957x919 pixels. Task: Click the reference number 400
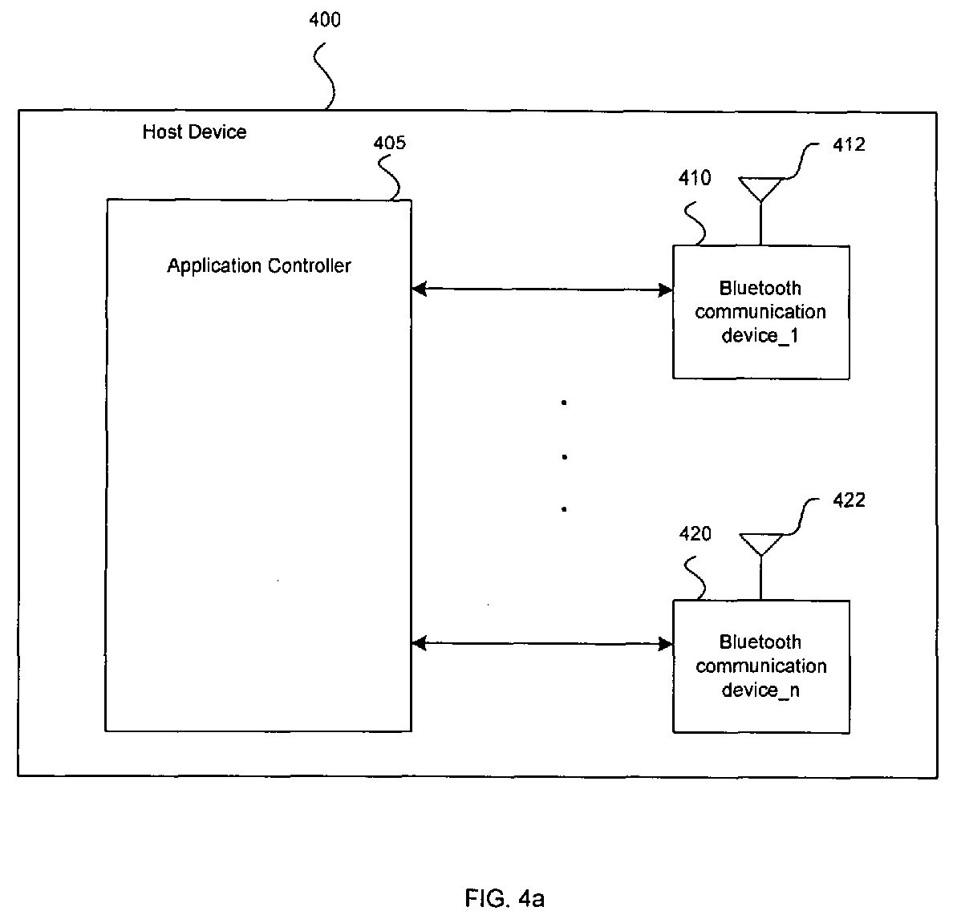[x=325, y=20]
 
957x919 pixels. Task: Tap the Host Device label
[x=194, y=132]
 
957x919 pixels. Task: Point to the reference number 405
[x=389, y=143]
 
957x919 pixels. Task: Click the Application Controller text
[x=259, y=266]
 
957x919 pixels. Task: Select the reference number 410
[x=695, y=178]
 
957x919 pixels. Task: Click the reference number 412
[x=849, y=144]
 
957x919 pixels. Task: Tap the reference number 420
[x=695, y=534]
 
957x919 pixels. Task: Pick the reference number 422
[x=849, y=500]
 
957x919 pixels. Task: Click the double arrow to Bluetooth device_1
[x=542, y=289]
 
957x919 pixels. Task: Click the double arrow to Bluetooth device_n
[x=542, y=643]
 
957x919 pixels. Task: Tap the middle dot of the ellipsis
[x=565, y=456]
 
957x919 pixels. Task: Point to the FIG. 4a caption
[x=504, y=898]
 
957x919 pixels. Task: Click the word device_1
[x=760, y=336]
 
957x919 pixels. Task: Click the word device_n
[x=760, y=690]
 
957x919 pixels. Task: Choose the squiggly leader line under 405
[x=389, y=177]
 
